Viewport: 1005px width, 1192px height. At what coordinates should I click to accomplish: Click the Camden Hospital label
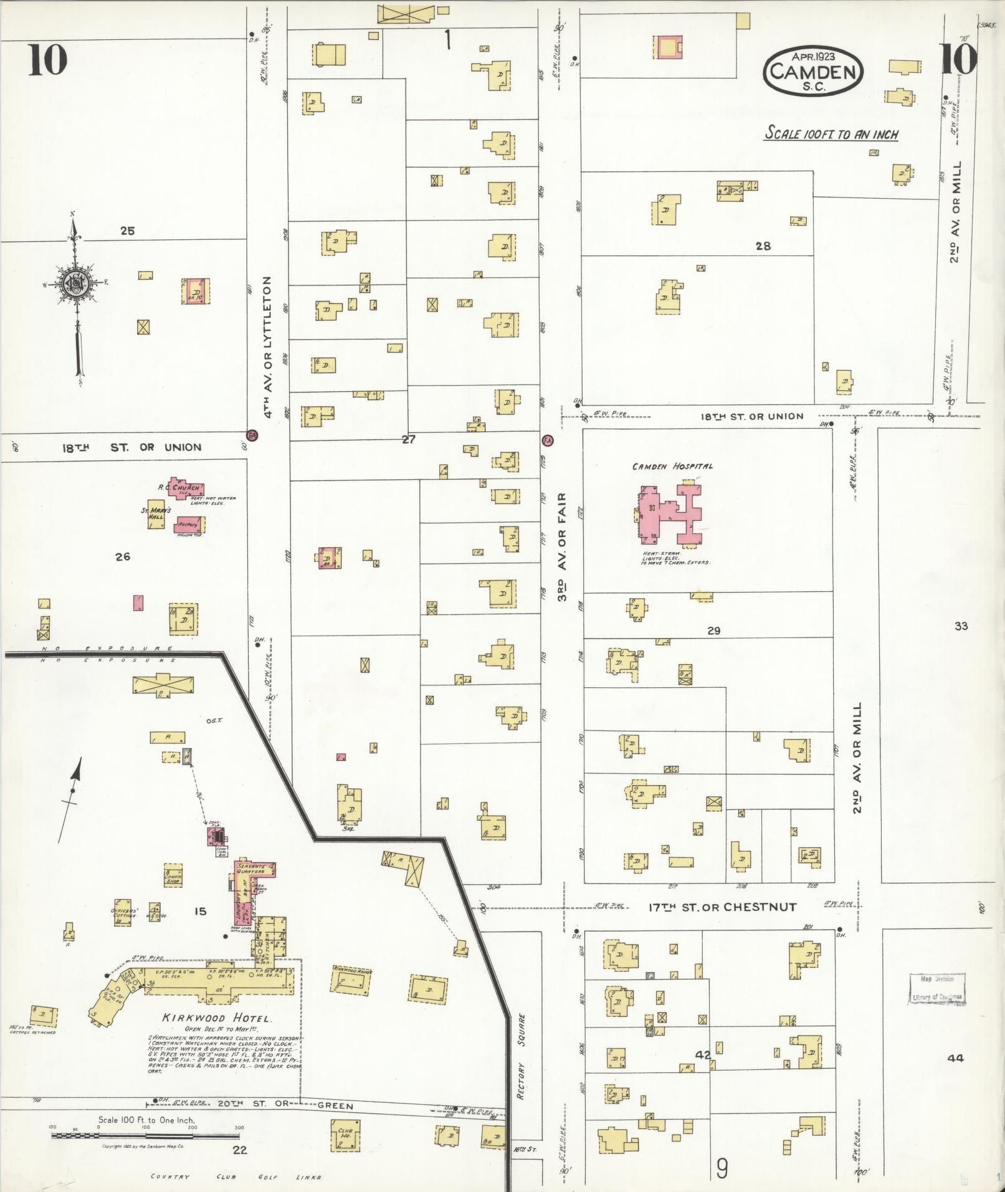coord(672,466)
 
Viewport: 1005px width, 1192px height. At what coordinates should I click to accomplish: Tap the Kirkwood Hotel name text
coord(216,1018)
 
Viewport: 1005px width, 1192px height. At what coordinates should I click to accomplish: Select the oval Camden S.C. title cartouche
coord(814,71)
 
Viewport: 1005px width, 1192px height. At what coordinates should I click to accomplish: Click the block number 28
coord(763,246)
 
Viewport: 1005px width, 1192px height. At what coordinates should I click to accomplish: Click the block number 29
coord(713,631)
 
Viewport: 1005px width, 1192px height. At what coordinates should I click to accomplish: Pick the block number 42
coord(703,1054)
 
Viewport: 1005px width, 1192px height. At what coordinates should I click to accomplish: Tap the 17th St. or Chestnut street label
coord(722,907)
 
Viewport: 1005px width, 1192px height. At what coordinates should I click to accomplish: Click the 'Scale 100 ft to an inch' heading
coord(831,133)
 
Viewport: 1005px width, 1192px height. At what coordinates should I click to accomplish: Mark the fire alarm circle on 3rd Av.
coord(548,440)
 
